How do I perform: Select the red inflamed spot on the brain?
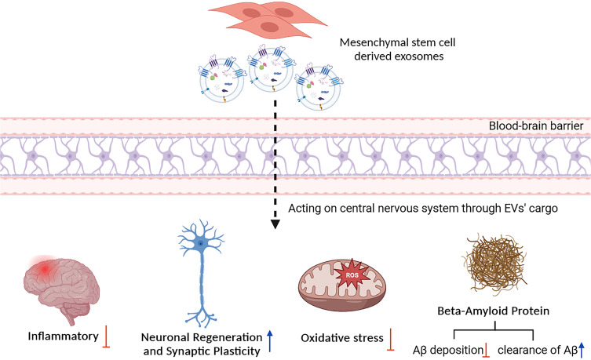[x=48, y=271]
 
